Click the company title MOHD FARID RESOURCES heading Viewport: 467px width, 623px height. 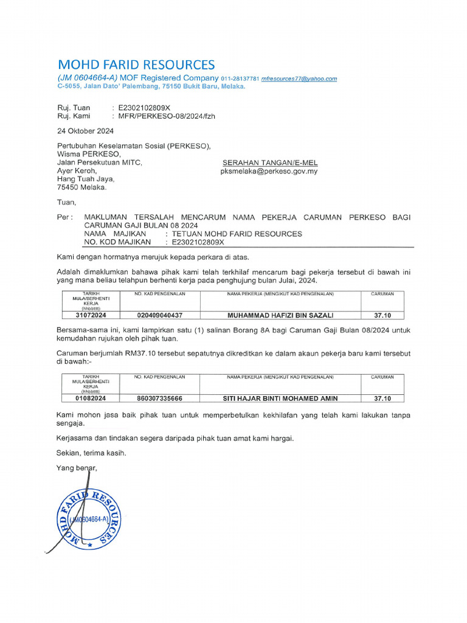point(136,64)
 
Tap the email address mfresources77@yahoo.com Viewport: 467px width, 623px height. point(299,79)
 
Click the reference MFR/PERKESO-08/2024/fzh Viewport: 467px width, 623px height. point(163,116)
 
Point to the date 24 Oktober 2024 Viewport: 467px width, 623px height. point(85,131)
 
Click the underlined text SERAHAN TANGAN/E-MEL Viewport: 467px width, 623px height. point(270,163)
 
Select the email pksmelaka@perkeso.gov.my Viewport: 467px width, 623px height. point(269,172)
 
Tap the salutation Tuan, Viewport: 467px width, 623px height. point(67,202)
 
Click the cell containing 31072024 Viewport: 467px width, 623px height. point(91,315)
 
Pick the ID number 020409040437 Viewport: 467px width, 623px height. point(160,315)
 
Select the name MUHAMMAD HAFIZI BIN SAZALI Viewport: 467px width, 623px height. point(280,315)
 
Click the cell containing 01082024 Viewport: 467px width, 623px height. point(91,399)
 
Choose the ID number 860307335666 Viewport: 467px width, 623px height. point(160,399)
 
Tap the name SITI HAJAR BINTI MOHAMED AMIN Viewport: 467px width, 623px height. point(280,399)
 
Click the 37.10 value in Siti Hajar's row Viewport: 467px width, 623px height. point(382,399)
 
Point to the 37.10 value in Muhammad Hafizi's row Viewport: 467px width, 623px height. point(382,315)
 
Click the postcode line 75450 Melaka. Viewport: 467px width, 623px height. point(81,188)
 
